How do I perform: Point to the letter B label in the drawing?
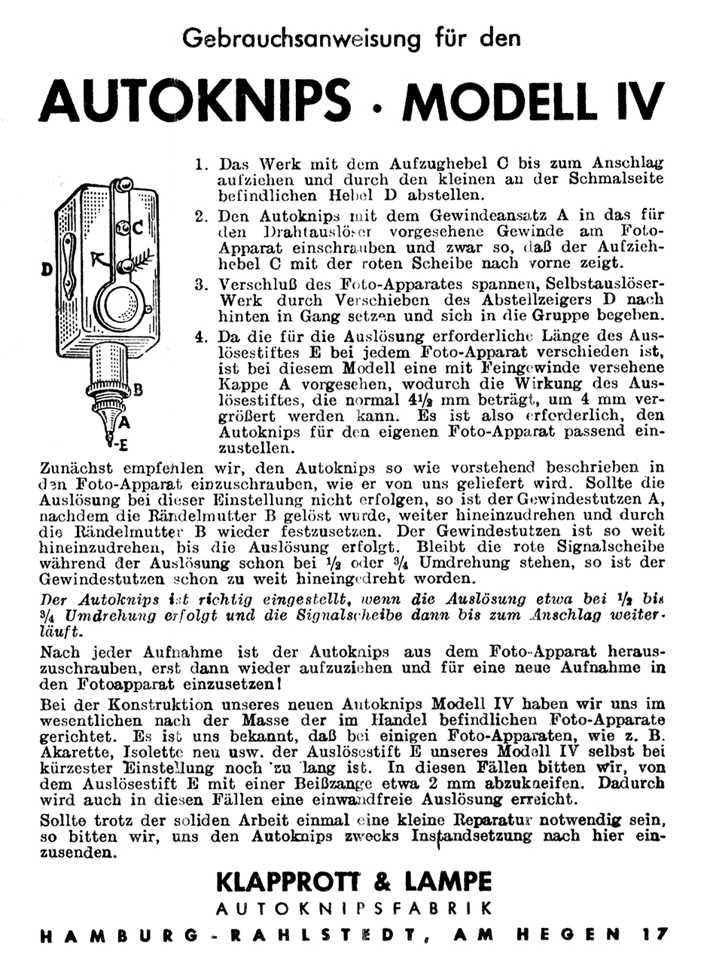[x=138, y=389]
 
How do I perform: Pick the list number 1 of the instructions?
[x=200, y=164]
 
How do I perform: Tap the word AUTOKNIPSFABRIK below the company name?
[x=354, y=909]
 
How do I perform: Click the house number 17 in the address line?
[x=655, y=935]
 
